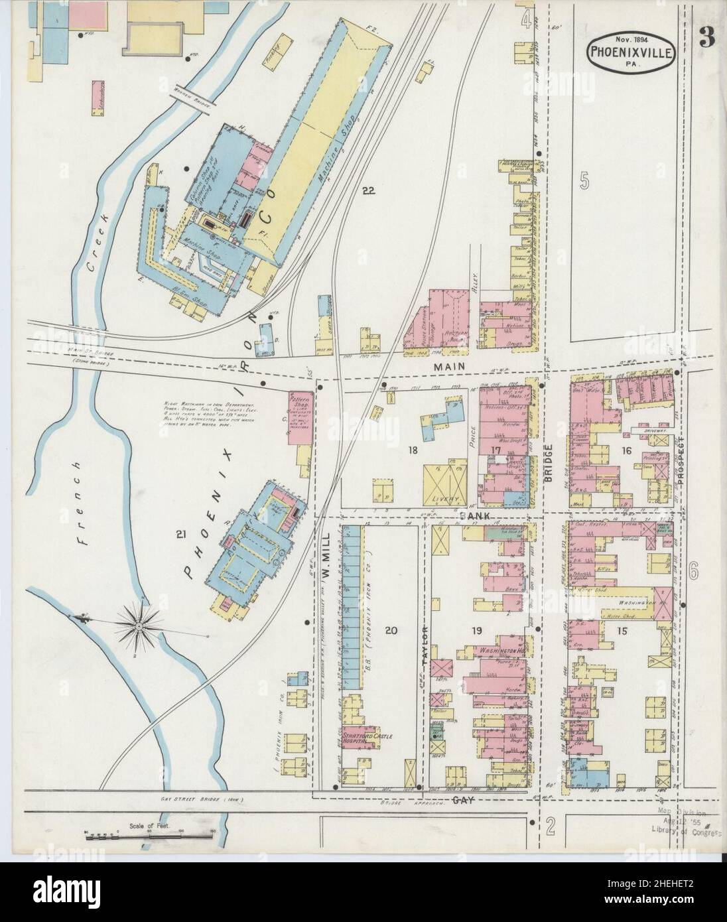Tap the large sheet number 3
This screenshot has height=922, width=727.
click(706, 38)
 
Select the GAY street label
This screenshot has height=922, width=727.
click(462, 801)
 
